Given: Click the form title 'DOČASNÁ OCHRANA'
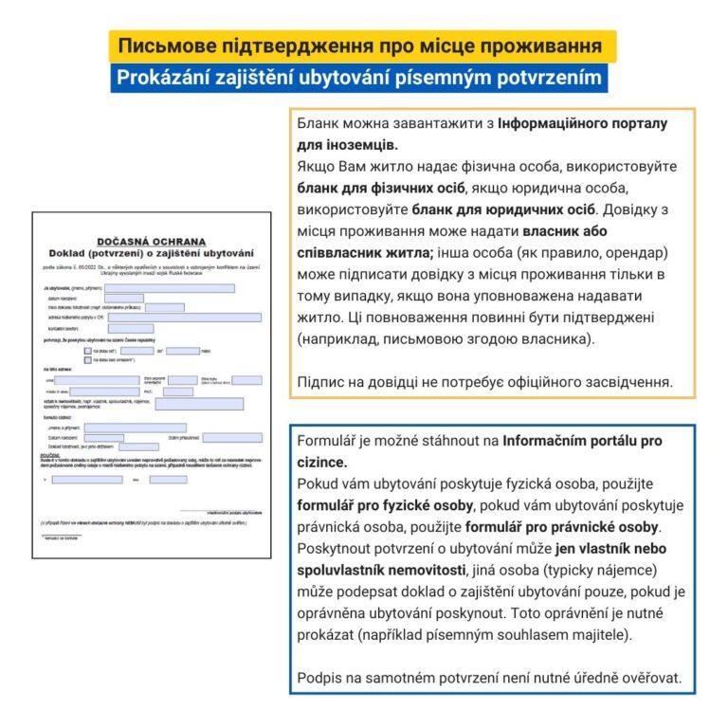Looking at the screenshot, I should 150,243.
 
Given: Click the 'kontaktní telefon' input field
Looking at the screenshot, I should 131,328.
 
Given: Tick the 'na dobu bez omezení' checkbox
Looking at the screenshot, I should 88,360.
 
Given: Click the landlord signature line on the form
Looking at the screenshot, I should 221,511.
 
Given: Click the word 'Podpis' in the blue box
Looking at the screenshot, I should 320,677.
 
